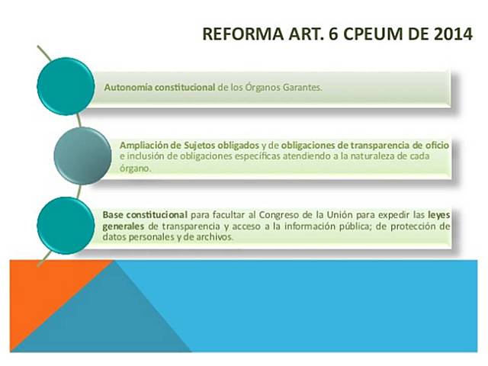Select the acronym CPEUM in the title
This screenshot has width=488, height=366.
(369, 34)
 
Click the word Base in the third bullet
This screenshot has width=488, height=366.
(114, 216)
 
